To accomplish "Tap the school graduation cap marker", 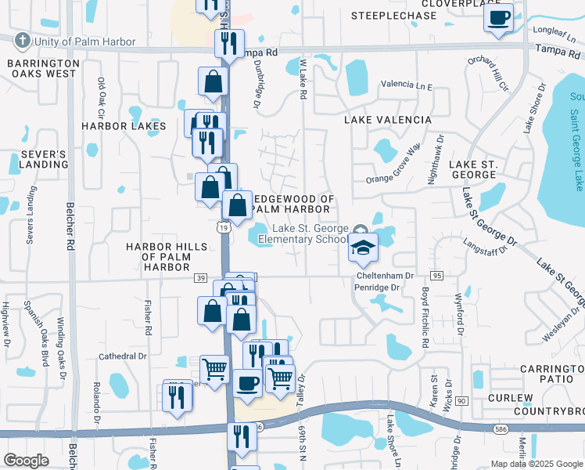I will [x=363, y=248].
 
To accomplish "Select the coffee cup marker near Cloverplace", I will [x=499, y=17].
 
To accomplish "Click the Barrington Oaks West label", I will [x=44, y=68].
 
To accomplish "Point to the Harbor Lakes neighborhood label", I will [x=124, y=126].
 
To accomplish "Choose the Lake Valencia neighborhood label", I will [x=388, y=120].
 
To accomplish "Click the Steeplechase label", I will [x=393, y=16].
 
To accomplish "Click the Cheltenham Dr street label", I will [x=386, y=276].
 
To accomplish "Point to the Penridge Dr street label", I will [x=378, y=287].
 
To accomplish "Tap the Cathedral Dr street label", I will [x=123, y=356].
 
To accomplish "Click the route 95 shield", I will [x=436, y=276].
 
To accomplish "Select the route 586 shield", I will [x=501, y=428].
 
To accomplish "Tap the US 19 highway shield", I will [x=223, y=226].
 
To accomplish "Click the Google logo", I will [x=26, y=461].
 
